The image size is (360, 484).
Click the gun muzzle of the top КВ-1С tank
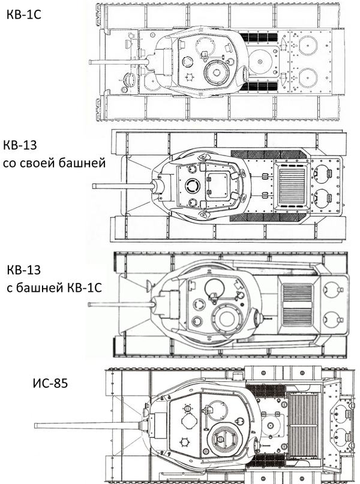91,61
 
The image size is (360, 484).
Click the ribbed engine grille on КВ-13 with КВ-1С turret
296,304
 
